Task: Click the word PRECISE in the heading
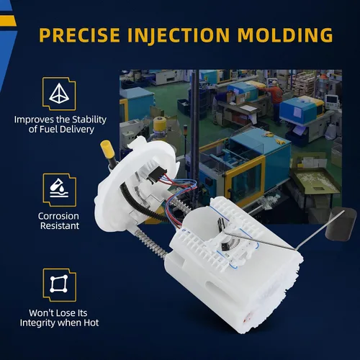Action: coord(79,35)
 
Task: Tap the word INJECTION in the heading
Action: coord(179,35)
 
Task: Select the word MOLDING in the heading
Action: coord(285,35)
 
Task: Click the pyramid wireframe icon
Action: coord(59,94)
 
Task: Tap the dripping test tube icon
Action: coord(59,188)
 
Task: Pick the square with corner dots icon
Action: coord(59,284)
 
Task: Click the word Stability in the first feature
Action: coord(89,120)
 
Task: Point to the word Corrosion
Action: coord(58,216)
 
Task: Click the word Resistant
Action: coord(60,226)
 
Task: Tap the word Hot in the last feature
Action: coord(91,323)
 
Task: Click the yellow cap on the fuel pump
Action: coord(107,148)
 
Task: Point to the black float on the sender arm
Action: coord(340,222)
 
